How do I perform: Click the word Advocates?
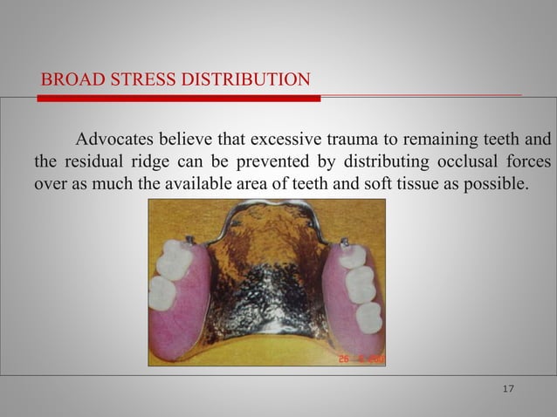117,140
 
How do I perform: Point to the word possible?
499,185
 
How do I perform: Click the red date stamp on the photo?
360,359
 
